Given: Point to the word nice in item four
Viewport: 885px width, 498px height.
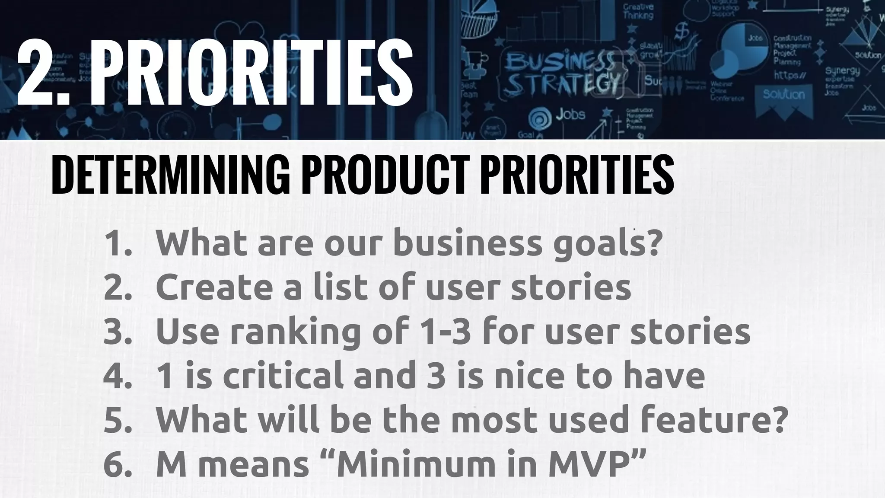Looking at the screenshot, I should click(530, 376).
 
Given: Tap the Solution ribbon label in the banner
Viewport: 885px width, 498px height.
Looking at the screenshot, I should click(784, 95).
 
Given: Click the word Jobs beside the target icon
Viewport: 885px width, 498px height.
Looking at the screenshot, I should click(570, 115).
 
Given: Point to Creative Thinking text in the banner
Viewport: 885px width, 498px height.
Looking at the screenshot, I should click(638, 11).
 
